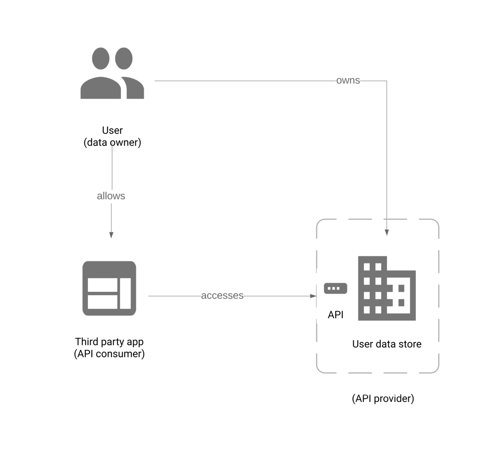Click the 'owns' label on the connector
tap(348, 81)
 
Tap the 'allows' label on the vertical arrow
tap(111, 196)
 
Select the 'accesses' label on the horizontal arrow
tap(222, 295)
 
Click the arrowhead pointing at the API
tap(313, 296)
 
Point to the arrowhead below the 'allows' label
tap(111, 235)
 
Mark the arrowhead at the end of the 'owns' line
tap(387, 233)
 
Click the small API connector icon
tap(335, 288)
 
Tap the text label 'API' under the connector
tap(335, 315)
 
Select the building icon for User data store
tap(386, 288)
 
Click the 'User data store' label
tap(387, 344)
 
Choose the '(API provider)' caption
tap(383, 398)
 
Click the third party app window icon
tap(109, 288)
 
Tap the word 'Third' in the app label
tap(87, 342)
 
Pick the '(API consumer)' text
tap(109, 354)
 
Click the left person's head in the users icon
tap(100, 58)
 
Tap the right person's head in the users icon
tap(124, 58)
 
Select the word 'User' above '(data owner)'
tap(112, 130)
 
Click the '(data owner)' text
tap(112, 143)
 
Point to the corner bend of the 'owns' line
tap(387, 81)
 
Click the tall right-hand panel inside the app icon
tap(125, 293)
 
